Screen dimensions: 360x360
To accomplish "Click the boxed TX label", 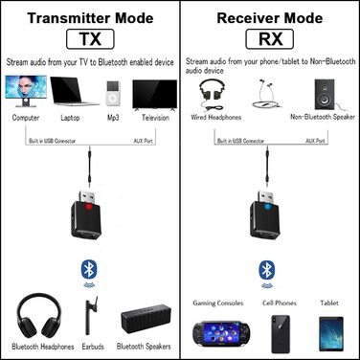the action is tap(89, 39).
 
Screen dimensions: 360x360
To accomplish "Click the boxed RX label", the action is tap(268, 39).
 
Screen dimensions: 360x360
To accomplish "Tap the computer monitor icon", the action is tap(25, 92).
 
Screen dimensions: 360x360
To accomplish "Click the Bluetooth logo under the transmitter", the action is tap(91, 271).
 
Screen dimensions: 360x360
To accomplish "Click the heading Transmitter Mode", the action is tap(89, 16).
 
